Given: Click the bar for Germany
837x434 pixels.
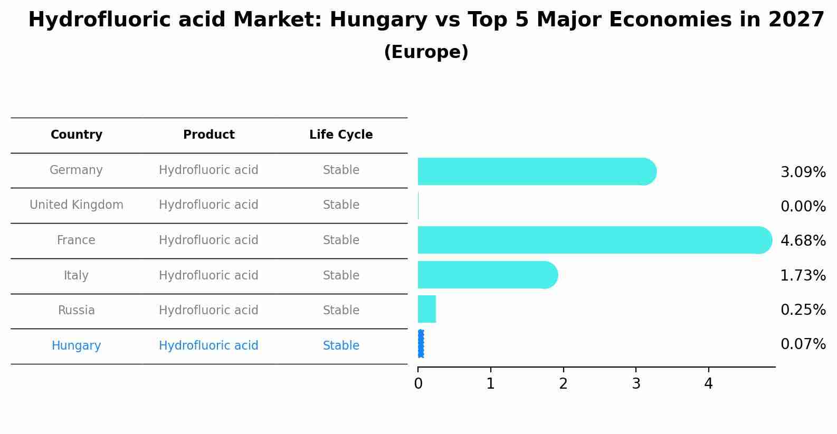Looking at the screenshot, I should [536, 171].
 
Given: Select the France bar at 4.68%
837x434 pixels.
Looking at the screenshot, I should [594, 240].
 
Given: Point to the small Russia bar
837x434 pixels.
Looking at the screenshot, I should [426, 309].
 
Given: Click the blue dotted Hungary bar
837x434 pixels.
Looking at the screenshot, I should [421, 344].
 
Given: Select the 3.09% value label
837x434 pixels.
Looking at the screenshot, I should [803, 172].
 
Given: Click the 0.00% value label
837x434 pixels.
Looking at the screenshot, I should [803, 207].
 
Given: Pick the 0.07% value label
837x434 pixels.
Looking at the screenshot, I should [803, 344].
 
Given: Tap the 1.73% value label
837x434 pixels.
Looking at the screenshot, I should [803, 275].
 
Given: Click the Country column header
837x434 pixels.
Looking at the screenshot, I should [77, 135].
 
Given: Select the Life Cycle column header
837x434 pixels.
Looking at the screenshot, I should [341, 135].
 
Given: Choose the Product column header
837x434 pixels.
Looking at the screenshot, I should [208, 135].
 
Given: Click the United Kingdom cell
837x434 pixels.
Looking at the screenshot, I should [77, 205].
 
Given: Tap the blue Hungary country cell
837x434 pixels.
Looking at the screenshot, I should [77, 346].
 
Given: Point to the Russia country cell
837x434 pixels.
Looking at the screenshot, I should [77, 311].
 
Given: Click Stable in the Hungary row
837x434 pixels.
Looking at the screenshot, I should [341, 346].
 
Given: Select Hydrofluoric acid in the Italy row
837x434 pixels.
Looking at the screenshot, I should [208, 276].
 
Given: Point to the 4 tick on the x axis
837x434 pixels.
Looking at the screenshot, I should [708, 383].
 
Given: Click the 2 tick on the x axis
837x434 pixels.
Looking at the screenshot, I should [563, 383].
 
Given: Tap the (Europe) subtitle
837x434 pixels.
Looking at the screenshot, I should [426, 52].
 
